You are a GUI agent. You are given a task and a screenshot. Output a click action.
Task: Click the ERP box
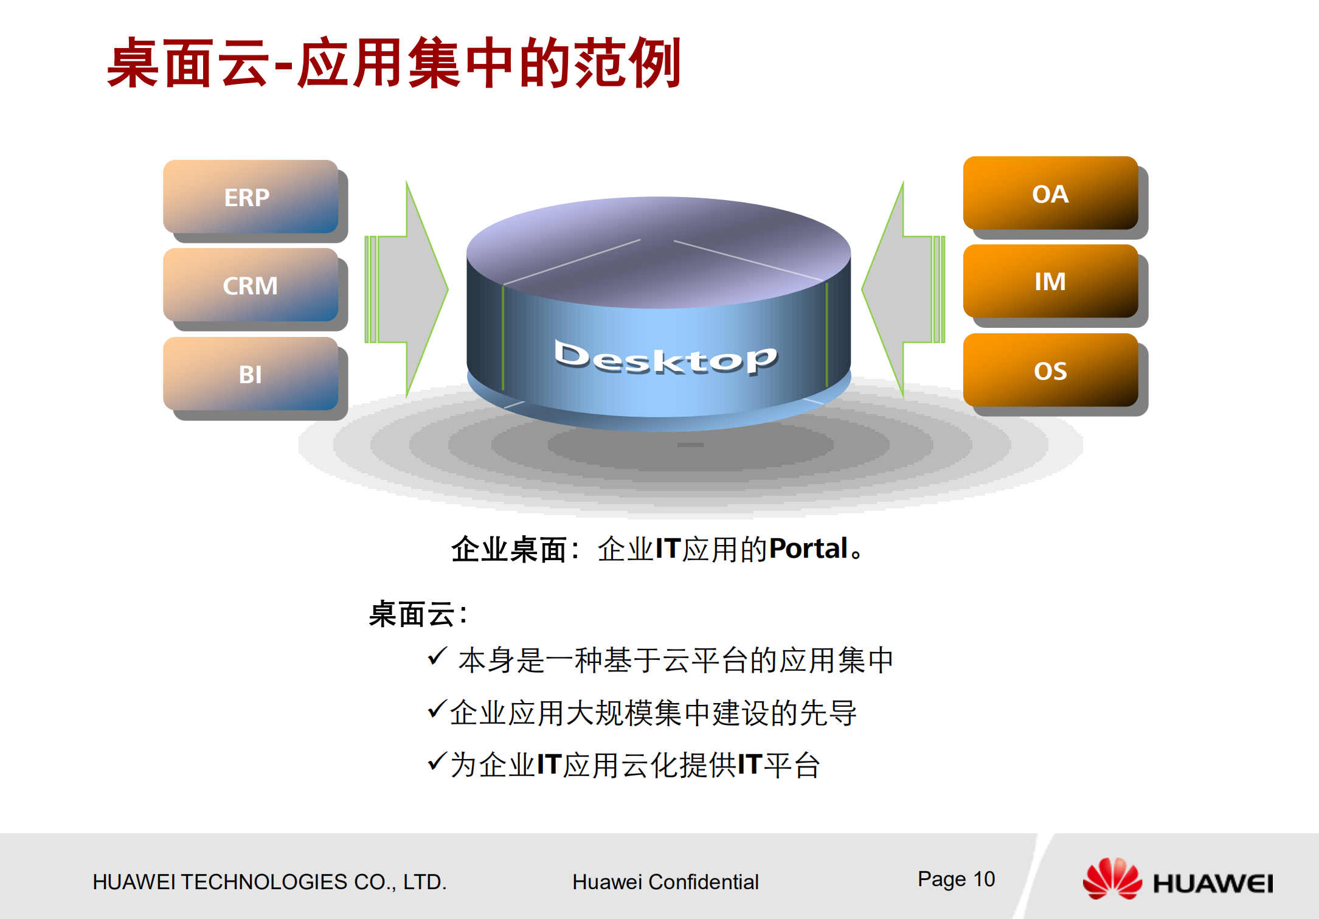pyautogui.click(x=250, y=197)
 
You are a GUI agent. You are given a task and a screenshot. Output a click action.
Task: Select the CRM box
pyautogui.click(x=250, y=285)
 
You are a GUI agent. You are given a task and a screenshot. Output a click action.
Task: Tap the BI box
pyautogui.click(x=250, y=374)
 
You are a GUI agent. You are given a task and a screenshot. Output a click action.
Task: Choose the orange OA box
pyautogui.click(x=1050, y=193)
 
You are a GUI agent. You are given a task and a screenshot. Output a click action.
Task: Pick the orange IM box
pyautogui.click(x=1050, y=281)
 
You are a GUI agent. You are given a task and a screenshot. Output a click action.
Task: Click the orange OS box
pyautogui.click(x=1050, y=370)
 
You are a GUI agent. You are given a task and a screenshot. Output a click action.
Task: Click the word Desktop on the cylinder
pyautogui.click(x=665, y=358)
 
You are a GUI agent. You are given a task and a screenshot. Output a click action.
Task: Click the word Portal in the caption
pyautogui.click(x=809, y=549)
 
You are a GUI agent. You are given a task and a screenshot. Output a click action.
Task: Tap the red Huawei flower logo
pyautogui.click(x=1112, y=879)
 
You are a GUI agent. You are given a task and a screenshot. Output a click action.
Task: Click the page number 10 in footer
pyautogui.click(x=984, y=879)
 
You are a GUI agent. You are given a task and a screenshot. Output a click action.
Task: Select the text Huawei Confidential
pyautogui.click(x=665, y=882)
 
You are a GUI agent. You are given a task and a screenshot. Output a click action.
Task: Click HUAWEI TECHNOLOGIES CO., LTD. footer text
pyautogui.click(x=269, y=882)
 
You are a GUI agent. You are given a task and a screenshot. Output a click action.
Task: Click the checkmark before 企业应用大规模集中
pyautogui.click(x=437, y=709)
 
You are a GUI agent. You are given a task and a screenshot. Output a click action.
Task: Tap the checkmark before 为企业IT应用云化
pyautogui.click(x=437, y=761)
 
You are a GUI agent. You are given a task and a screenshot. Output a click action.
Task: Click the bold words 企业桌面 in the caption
pyautogui.click(x=508, y=550)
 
